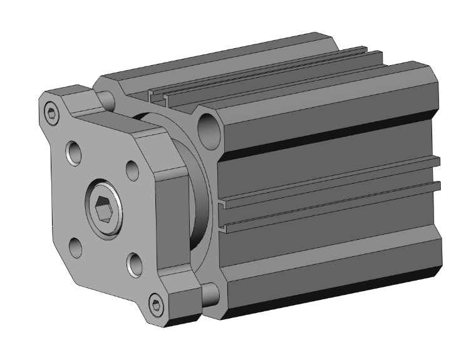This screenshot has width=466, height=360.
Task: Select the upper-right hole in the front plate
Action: click(132, 169)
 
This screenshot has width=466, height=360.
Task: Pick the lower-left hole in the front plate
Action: click(75, 247)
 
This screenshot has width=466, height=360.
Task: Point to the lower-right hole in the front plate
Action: click(133, 264)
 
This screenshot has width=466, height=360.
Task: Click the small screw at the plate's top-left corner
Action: click(51, 113)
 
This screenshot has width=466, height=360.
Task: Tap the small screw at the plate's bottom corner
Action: click(156, 306)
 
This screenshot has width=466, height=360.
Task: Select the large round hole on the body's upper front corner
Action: click(209, 128)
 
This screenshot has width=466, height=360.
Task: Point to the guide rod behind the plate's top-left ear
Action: click(108, 98)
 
